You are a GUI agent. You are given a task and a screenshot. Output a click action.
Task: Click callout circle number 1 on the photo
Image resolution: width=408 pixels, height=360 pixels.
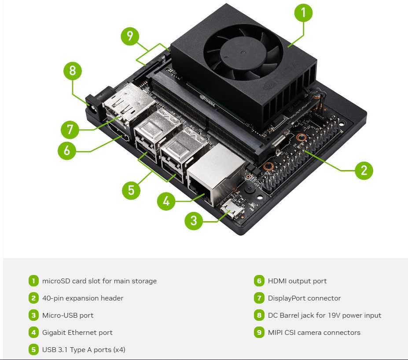(303, 13)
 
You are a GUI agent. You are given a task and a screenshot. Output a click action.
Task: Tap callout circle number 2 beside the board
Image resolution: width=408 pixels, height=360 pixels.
(364, 171)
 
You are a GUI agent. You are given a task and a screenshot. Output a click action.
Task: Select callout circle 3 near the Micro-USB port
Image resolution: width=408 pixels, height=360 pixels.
(194, 221)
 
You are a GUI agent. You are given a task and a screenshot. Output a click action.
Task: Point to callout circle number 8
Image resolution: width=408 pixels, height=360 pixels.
(72, 71)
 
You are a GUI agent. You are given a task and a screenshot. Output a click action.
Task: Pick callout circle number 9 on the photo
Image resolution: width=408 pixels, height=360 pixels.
(130, 36)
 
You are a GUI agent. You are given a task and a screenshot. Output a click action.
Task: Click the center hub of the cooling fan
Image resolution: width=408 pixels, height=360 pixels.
(243, 53)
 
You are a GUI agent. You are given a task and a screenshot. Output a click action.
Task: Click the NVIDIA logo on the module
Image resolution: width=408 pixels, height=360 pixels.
(207, 101)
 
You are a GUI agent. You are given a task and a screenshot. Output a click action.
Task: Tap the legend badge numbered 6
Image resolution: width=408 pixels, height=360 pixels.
(259, 281)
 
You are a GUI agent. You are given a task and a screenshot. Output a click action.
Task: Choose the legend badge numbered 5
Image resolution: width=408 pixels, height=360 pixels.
(33, 349)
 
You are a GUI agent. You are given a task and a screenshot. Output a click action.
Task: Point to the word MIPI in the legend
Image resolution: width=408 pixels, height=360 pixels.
(275, 333)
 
